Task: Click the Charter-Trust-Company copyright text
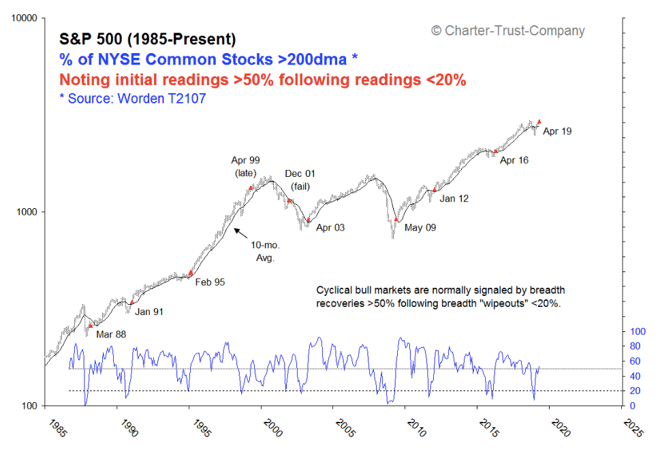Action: (x=507, y=31)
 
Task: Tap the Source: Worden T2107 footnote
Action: (x=133, y=99)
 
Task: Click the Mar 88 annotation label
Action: (x=111, y=334)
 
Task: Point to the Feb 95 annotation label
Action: (x=210, y=281)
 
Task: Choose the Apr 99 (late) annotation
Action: (x=245, y=167)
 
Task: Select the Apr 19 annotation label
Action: (x=557, y=131)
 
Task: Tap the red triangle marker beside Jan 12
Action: (x=435, y=190)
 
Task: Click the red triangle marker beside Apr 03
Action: (x=309, y=220)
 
